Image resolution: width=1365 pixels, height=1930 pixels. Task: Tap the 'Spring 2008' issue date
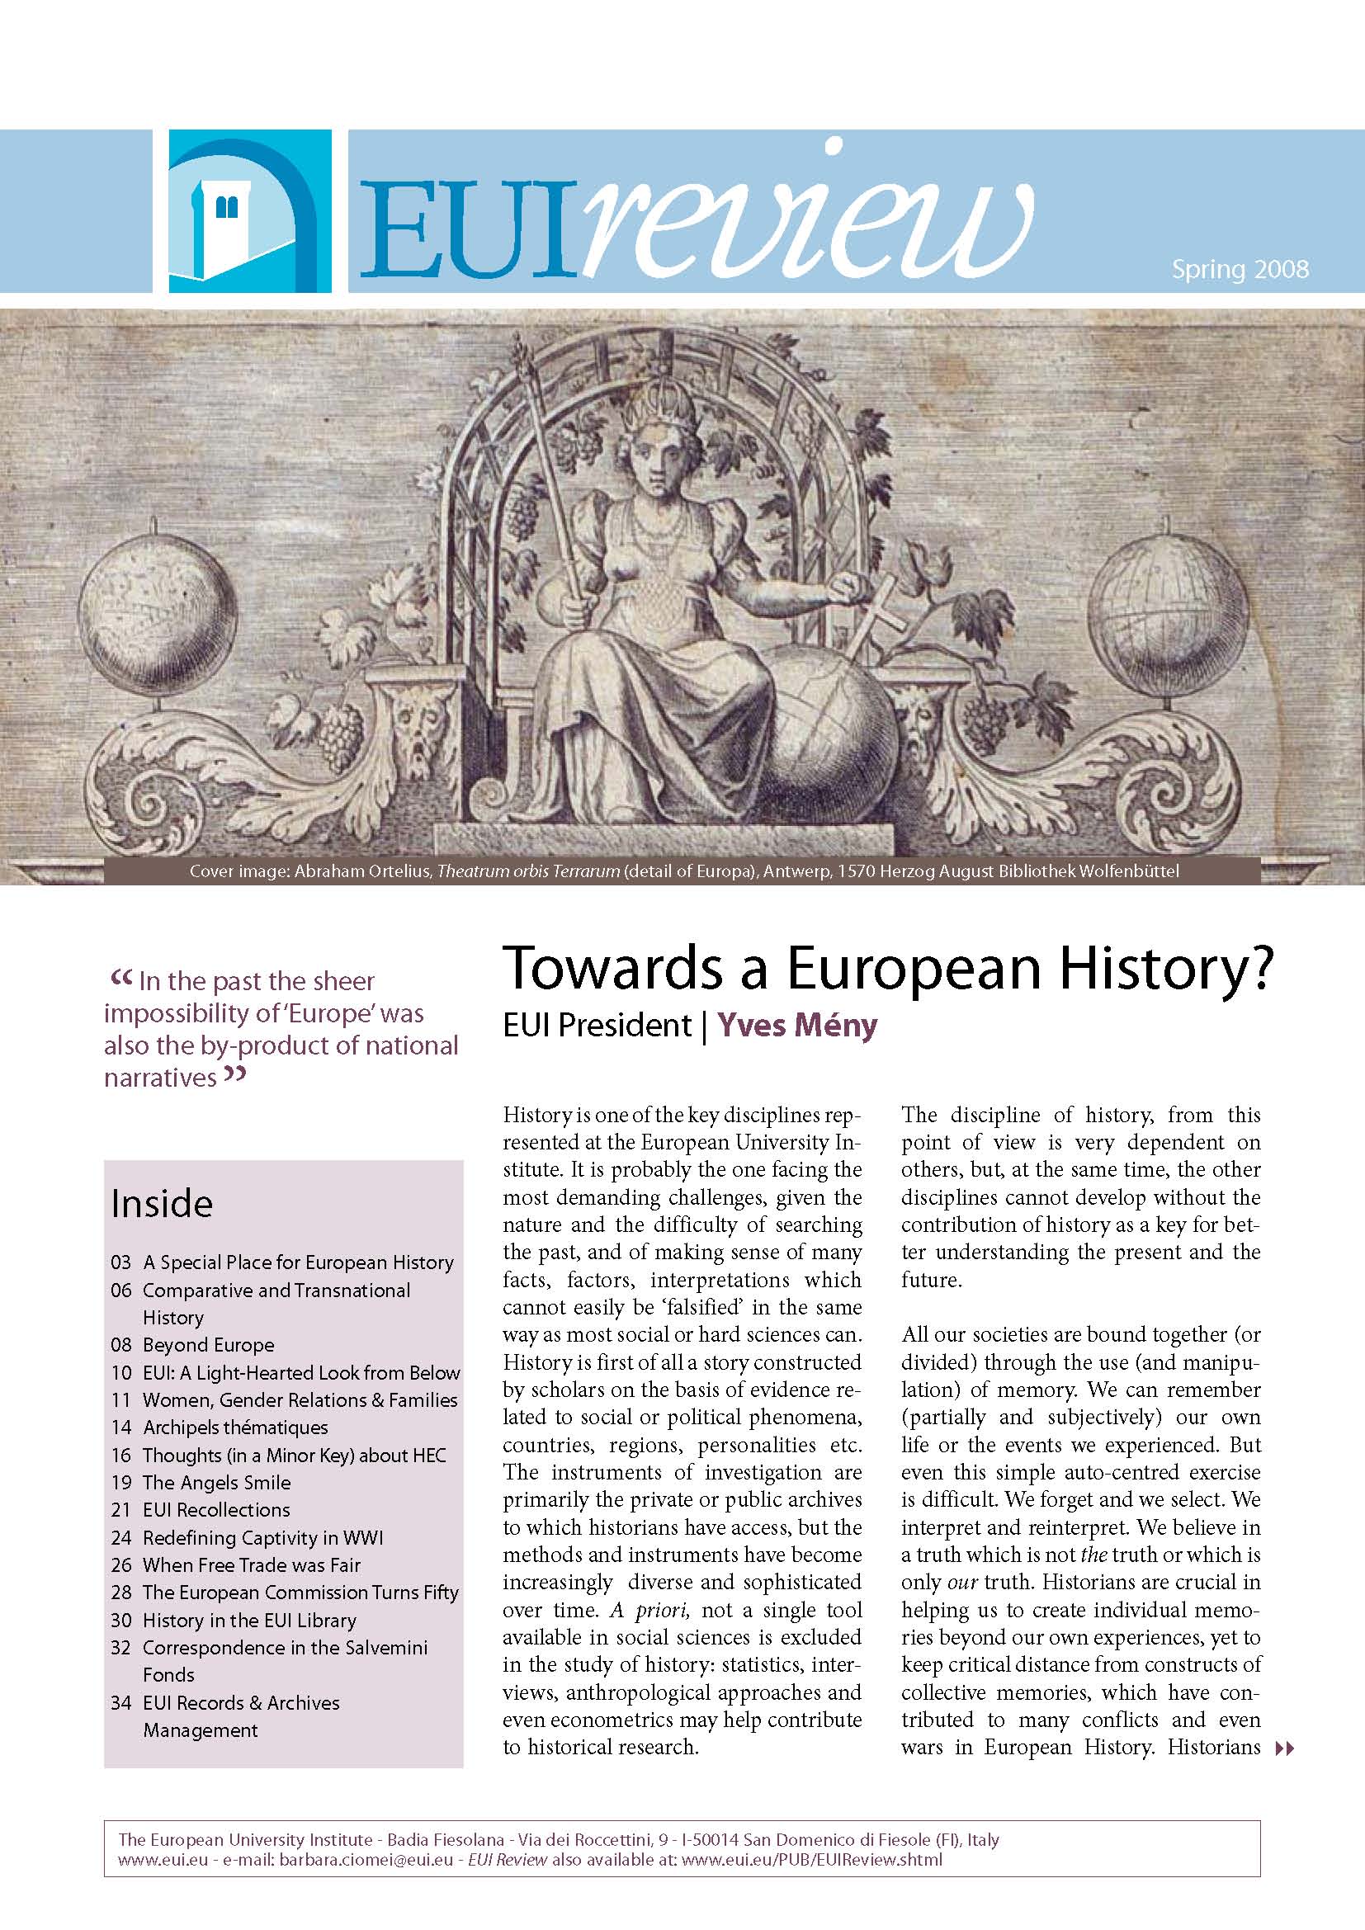click(1240, 269)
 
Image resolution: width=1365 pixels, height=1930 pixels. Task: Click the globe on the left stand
click(158, 617)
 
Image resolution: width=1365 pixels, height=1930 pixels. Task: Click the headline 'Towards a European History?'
click(888, 969)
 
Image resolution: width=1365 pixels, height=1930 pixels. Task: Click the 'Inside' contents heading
click(163, 1204)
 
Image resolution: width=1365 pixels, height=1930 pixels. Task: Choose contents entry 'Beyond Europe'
click(209, 1345)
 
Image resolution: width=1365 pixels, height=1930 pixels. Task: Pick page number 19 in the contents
click(121, 1483)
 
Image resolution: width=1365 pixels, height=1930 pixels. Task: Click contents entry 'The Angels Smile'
click(217, 1483)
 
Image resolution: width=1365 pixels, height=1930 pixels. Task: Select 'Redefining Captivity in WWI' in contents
click(262, 1538)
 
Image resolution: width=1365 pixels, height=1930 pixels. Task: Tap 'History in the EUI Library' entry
click(249, 1621)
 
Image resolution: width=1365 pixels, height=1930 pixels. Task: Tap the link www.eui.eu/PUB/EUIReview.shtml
click(812, 1859)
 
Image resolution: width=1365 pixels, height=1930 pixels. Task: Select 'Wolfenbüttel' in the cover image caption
click(1131, 871)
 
